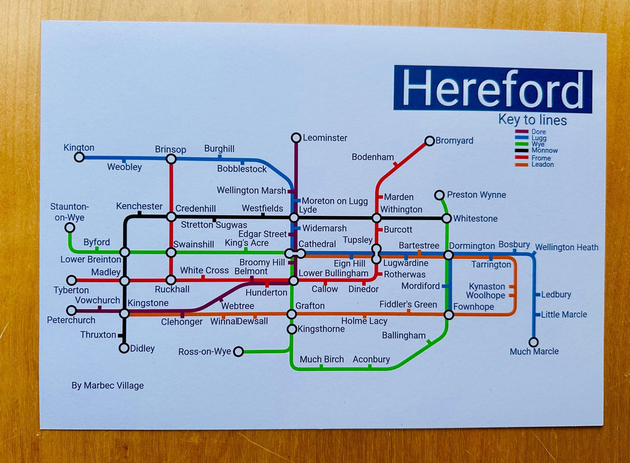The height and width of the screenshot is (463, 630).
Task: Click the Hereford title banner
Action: pyautogui.click(x=492, y=89)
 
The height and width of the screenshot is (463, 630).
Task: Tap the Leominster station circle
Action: pyautogui.click(x=296, y=138)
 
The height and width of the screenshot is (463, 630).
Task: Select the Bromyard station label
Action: pyautogui.click(x=454, y=141)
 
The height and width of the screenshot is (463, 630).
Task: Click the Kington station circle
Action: pyautogui.click(x=79, y=157)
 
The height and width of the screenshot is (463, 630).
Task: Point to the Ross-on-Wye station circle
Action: pyautogui.click(x=239, y=352)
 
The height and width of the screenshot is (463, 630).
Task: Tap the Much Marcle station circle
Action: pyautogui.click(x=533, y=342)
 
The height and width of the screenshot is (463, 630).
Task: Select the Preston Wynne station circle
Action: pyautogui.click(x=439, y=196)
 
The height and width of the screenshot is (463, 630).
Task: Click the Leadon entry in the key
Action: pyautogui.click(x=542, y=165)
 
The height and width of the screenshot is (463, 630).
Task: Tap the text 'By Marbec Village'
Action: pyautogui.click(x=108, y=386)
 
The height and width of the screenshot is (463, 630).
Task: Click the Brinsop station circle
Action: pyautogui.click(x=171, y=159)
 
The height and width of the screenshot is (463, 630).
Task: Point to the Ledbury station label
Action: pyautogui.click(x=556, y=295)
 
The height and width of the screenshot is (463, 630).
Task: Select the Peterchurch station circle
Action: pyautogui.click(x=71, y=311)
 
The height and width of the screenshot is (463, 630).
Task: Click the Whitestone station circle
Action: pyautogui.click(x=447, y=218)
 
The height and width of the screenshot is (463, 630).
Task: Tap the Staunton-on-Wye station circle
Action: pyautogui.click(x=70, y=228)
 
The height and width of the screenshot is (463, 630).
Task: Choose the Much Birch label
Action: pyautogui.click(x=322, y=359)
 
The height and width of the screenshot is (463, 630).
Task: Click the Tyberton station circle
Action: pyautogui.click(x=71, y=280)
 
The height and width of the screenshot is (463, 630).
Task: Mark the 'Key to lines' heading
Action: pyautogui.click(x=532, y=121)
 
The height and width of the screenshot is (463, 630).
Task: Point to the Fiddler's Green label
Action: pyautogui.click(x=408, y=304)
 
